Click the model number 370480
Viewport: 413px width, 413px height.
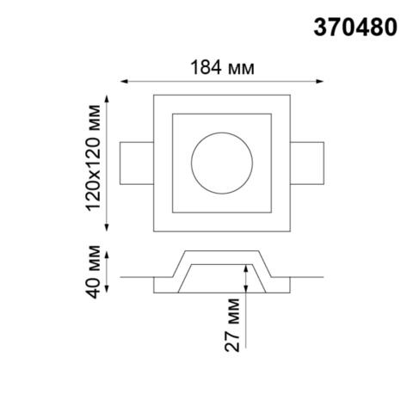click(354, 28)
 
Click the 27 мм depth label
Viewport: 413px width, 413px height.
click(231, 328)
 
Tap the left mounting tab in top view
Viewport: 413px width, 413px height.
click(136, 163)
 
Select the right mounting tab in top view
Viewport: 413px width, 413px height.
click(308, 163)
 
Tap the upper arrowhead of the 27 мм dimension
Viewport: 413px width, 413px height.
click(247, 267)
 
